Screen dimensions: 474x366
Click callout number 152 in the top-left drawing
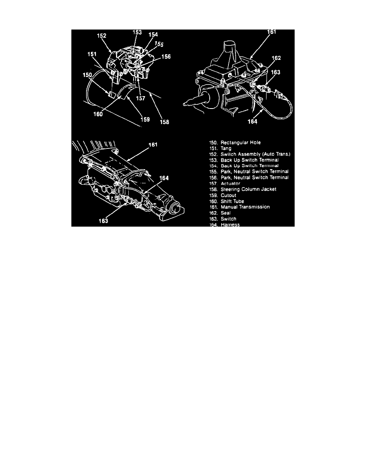[101, 36]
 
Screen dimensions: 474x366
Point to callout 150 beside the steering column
[87, 75]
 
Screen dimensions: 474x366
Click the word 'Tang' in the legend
[226, 148]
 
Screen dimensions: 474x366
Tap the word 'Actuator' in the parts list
[230, 184]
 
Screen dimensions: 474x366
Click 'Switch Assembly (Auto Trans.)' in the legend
[255, 154]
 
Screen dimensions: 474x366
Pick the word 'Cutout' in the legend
[228, 195]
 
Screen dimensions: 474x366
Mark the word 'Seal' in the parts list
[225, 213]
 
